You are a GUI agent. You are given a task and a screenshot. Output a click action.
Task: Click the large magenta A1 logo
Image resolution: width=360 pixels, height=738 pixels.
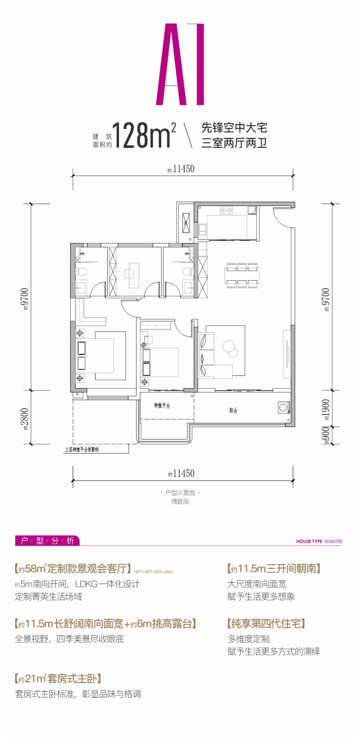pyautogui.click(x=180, y=64)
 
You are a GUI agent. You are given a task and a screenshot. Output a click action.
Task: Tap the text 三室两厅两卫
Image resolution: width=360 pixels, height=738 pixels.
pyautogui.click(x=234, y=143)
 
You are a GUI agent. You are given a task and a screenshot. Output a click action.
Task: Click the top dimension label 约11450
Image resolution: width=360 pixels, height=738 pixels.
pyautogui.click(x=181, y=169)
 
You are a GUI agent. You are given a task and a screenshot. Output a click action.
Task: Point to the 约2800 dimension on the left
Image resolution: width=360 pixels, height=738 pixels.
pyautogui.click(x=25, y=418)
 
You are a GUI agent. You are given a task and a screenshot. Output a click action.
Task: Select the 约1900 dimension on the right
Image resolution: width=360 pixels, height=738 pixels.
pyautogui.click(x=326, y=410)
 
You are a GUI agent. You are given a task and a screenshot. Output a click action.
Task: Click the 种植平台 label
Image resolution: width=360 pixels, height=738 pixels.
pyautogui.click(x=162, y=405)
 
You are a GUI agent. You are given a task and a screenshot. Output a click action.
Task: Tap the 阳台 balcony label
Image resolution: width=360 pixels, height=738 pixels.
pyautogui.click(x=233, y=410)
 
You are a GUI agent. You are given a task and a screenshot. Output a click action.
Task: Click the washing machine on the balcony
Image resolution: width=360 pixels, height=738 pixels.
pyautogui.click(x=283, y=408)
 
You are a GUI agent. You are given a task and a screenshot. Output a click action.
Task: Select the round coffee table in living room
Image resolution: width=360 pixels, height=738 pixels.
pyautogui.click(x=230, y=348)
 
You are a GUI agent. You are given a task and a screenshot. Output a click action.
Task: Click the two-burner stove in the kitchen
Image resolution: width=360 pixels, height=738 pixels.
pyautogui.click(x=226, y=210)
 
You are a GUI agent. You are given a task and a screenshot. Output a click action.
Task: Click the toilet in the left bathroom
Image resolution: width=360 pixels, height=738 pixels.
pyautogui.click(x=81, y=272)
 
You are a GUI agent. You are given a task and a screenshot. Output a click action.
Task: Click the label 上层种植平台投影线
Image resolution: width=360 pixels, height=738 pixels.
pyautogui.click(x=82, y=450)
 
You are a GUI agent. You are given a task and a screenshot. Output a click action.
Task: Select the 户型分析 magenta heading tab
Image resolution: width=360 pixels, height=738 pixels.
pyautogui.click(x=47, y=540)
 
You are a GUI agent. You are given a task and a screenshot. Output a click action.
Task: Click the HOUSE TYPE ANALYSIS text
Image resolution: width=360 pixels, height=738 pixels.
pyautogui.click(x=319, y=541)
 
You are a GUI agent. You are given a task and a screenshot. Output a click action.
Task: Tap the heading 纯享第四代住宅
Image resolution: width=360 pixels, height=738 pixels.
pyautogui.click(x=266, y=623)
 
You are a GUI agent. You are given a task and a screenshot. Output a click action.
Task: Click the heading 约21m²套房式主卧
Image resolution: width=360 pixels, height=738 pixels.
pyautogui.click(x=58, y=678)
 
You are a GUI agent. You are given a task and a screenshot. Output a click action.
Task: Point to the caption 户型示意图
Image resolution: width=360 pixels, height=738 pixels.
pyautogui.click(x=180, y=493)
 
